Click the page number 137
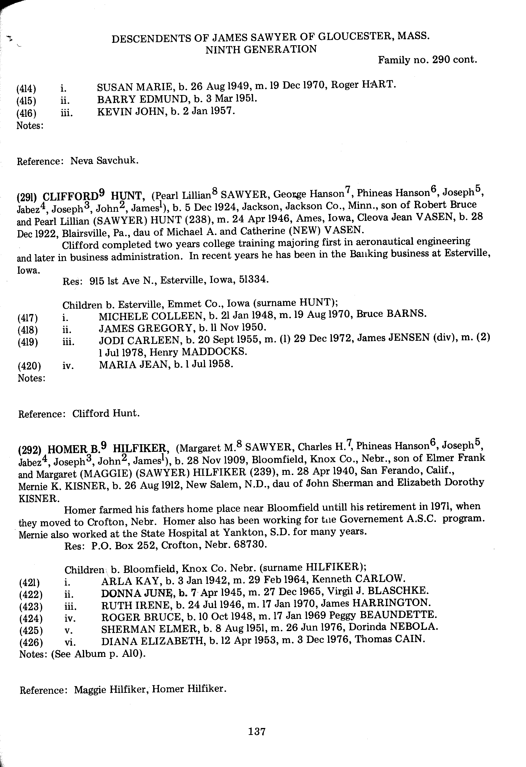point(257,731)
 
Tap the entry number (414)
point(26,89)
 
